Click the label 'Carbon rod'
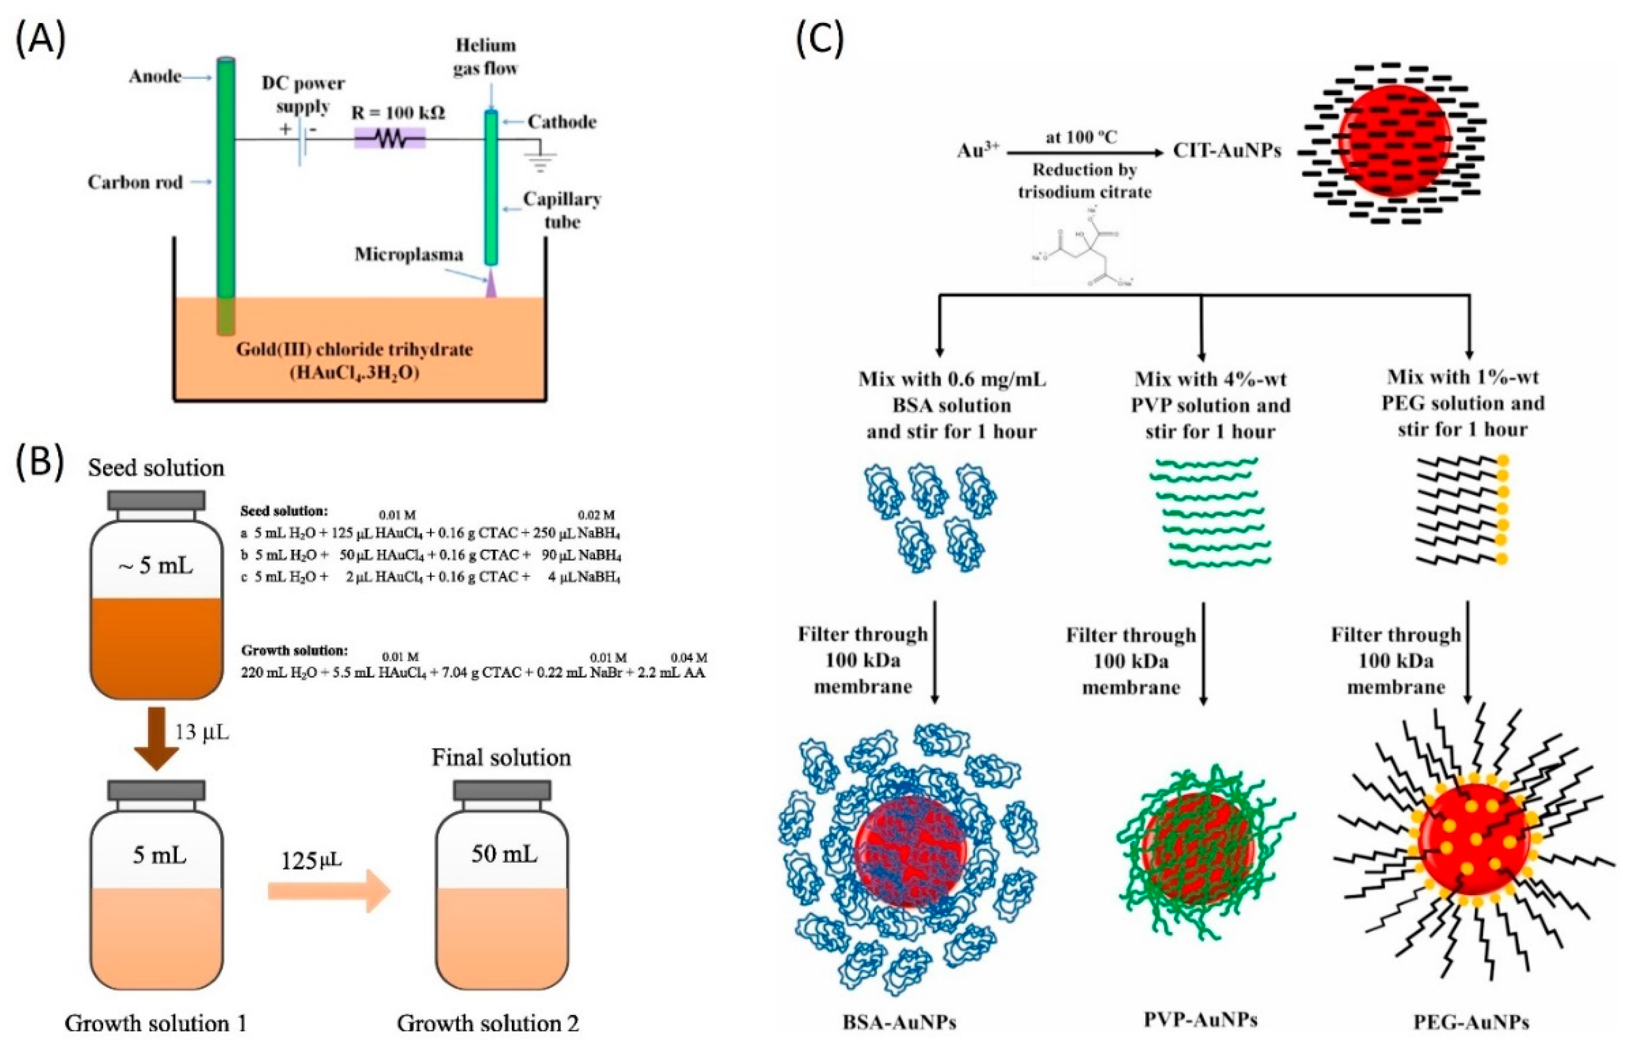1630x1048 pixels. tap(135, 182)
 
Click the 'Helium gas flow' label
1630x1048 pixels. tap(485, 57)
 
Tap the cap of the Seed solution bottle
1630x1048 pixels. tap(157, 500)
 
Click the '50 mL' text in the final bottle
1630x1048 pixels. tap(504, 855)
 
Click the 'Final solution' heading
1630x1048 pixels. tap(502, 758)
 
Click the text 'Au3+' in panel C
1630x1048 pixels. tap(977, 150)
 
